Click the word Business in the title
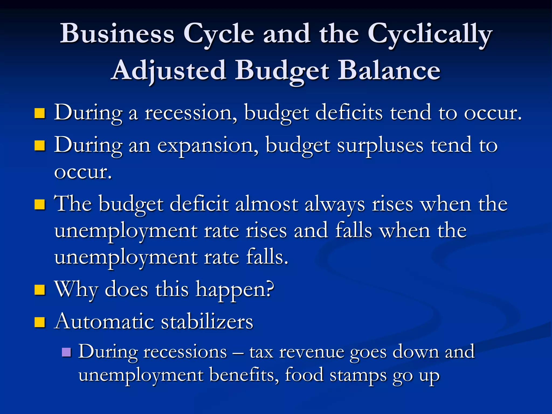pyautogui.click(x=117, y=34)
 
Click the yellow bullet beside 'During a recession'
pyautogui.click(x=40, y=113)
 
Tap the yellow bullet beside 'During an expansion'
pyautogui.click(x=40, y=146)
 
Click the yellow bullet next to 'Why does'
pyautogui.click(x=40, y=290)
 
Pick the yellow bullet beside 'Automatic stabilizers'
pyautogui.click(x=40, y=322)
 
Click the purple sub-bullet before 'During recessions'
pyautogui.click(x=66, y=352)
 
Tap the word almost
pyautogui.click(x=267, y=204)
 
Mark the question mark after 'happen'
pyautogui.click(x=269, y=289)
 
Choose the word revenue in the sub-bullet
pyautogui.click(x=312, y=352)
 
